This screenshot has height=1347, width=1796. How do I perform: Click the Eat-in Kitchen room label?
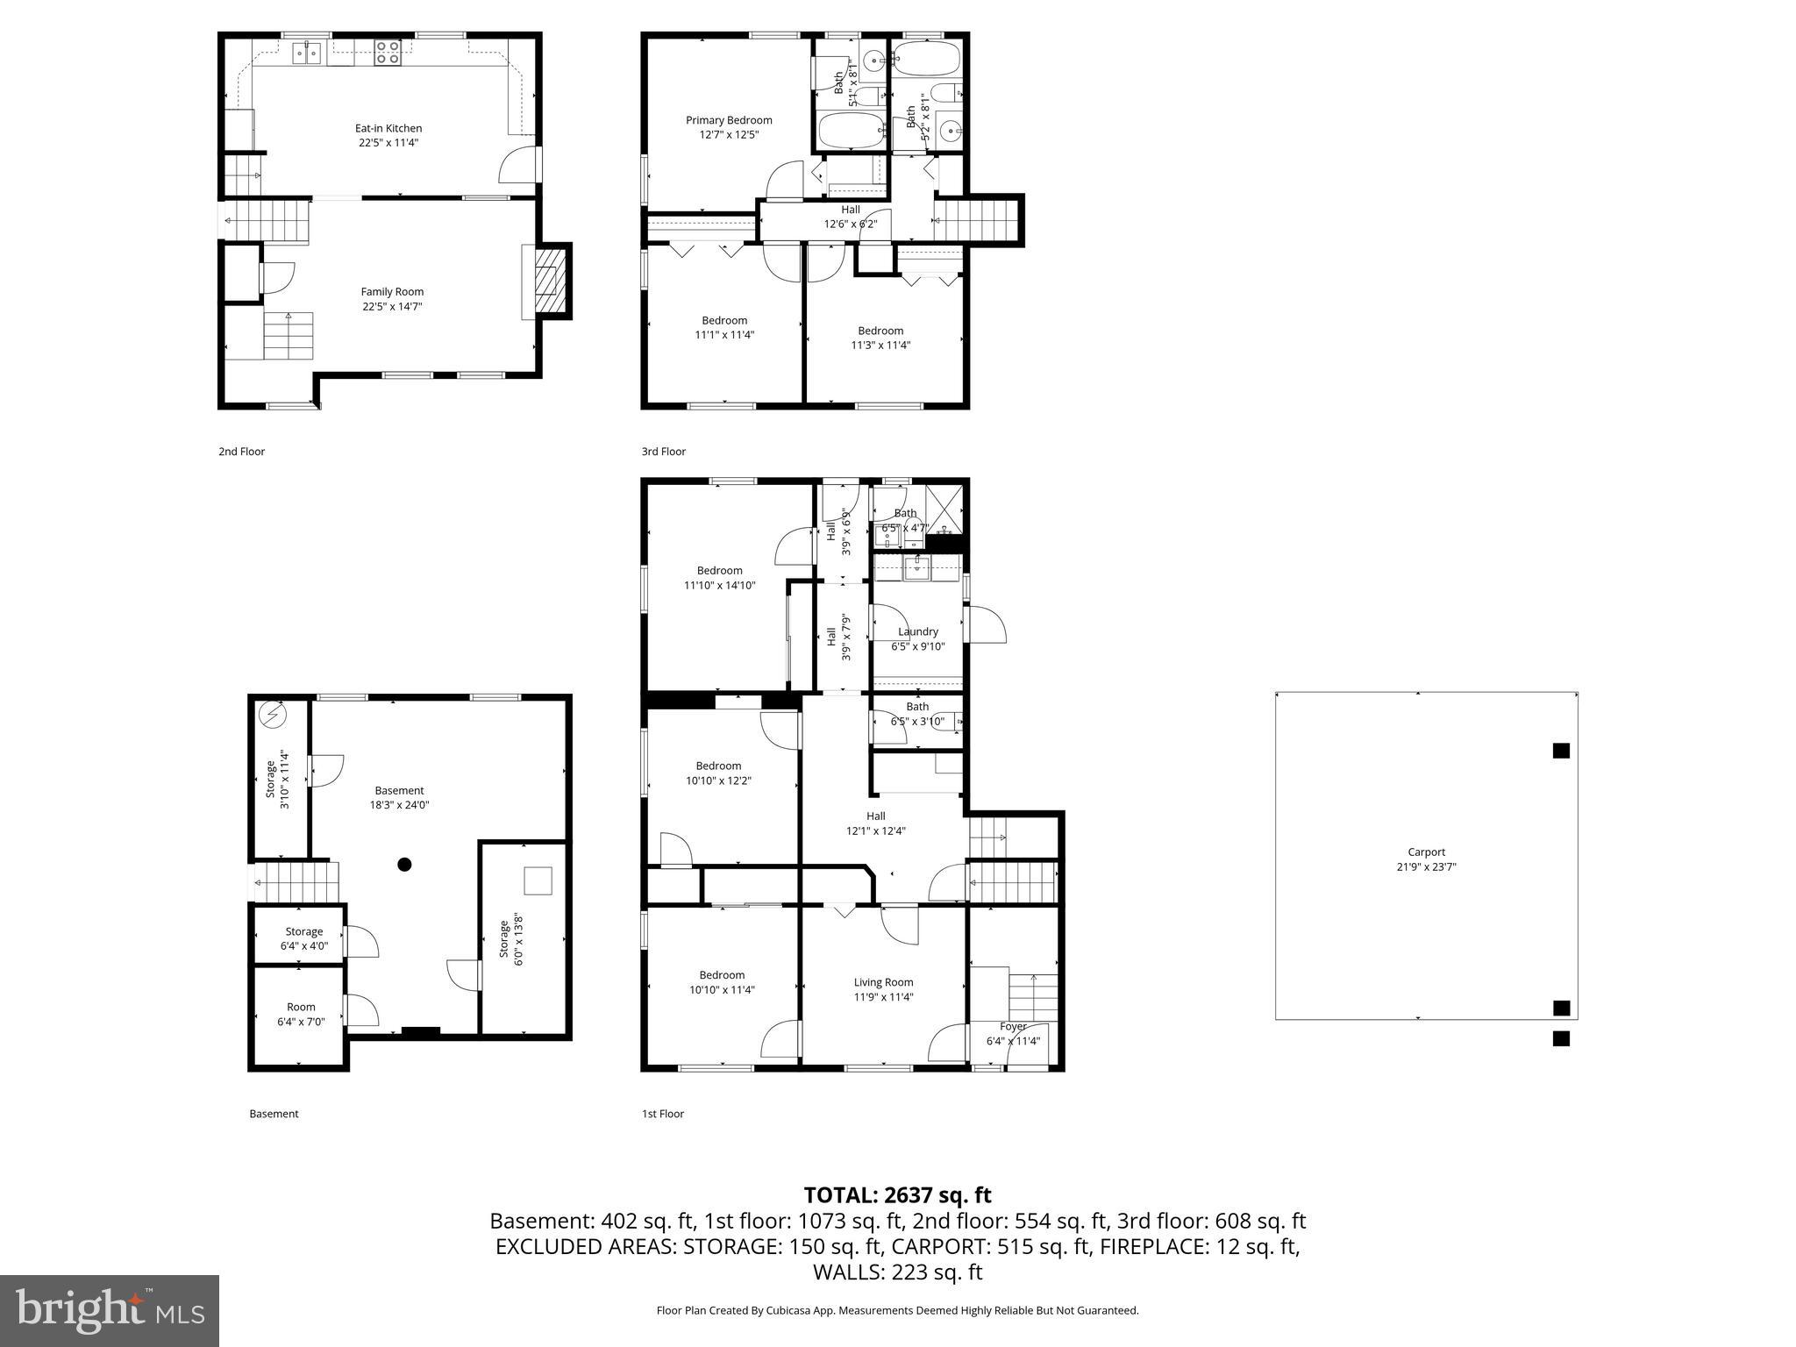pyautogui.click(x=388, y=128)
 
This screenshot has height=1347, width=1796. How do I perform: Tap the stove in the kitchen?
pyautogui.click(x=388, y=53)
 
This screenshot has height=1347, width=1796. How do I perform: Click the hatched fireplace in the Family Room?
pyautogui.click(x=549, y=281)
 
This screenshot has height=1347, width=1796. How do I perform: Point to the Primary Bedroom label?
pyautogui.click(x=729, y=120)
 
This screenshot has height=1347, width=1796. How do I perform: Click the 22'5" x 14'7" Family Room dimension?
pyautogui.click(x=392, y=306)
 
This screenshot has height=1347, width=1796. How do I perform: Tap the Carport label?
pyautogui.click(x=1426, y=852)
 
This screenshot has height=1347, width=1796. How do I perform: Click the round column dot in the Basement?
pyautogui.click(x=404, y=865)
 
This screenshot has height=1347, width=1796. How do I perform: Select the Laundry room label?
pyautogui.click(x=918, y=631)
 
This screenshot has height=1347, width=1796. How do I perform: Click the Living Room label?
pyautogui.click(x=883, y=982)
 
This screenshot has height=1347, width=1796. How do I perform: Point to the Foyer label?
pyautogui.click(x=1013, y=1026)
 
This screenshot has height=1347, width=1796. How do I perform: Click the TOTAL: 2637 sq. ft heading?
pyautogui.click(x=897, y=1195)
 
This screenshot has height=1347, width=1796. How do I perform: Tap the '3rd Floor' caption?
pyautogui.click(x=663, y=452)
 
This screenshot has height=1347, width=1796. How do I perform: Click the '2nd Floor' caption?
pyautogui.click(x=241, y=452)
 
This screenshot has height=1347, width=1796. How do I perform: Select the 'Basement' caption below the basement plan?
pyautogui.click(x=274, y=1114)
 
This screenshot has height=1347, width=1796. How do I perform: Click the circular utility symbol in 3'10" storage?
pyautogui.click(x=274, y=716)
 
